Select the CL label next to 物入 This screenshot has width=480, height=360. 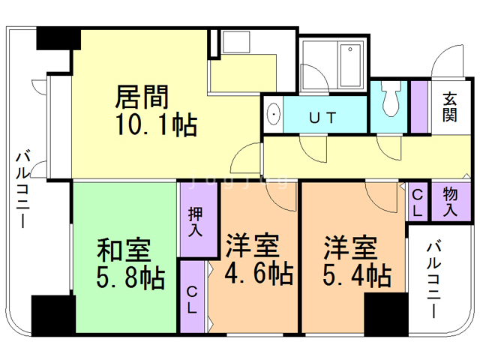418,202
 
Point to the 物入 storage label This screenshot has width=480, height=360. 450,202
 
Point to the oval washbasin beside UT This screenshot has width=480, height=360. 274,116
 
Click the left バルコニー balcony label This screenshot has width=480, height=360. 23,192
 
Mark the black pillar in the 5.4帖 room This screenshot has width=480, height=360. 385,313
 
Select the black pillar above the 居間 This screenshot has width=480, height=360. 58,37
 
